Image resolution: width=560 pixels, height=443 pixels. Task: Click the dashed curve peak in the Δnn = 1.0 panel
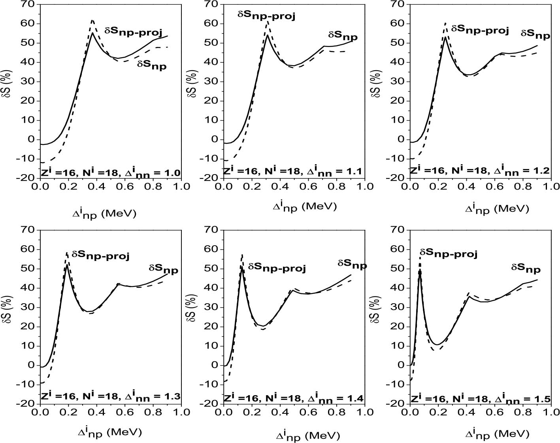pos(92,20)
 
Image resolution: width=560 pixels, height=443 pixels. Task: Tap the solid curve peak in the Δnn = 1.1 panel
pos(268,35)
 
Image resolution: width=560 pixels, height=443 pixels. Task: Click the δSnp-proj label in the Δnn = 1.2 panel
pos(480,30)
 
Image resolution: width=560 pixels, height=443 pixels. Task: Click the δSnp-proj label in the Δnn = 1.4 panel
pos(277,268)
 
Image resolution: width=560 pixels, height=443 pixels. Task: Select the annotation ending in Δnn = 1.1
pos(293,171)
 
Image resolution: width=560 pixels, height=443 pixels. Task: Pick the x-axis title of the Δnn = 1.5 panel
pos(497,434)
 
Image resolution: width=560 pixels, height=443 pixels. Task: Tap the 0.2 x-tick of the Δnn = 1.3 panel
pos(68,412)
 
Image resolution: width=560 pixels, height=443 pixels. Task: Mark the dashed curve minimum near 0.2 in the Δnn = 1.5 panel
pos(435,350)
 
